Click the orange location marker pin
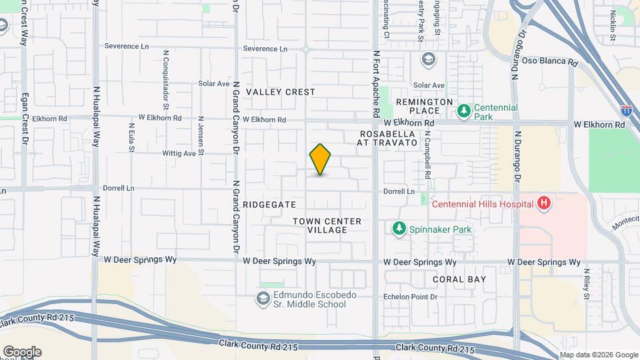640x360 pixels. click(x=320, y=159)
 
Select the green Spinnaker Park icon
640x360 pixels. click(x=399, y=229)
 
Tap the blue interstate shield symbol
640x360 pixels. click(x=626, y=109)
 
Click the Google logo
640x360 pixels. click(x=22, y=351)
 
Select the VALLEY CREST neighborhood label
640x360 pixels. click(x=280, y=92)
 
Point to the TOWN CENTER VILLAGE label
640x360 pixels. click(x=327, y=225)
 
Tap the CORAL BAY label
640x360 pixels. click(x=459, y=279)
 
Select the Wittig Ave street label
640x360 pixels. click(x=179, y=153)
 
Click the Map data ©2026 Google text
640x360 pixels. click(x=598, y=355)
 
